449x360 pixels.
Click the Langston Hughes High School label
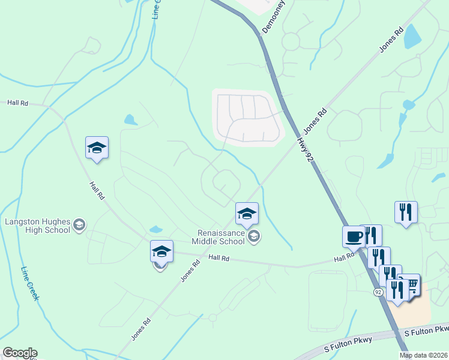click(37, 226)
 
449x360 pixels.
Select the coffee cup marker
click(353, 236)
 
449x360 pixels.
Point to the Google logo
click(19, 353)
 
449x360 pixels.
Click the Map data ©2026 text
click(424, 355)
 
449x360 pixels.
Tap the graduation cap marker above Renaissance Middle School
click(246, 213)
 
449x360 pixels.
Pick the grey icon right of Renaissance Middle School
click(254, 236)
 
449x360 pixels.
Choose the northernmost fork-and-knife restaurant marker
click(406, 212)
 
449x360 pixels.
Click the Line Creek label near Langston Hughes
click(31, 283)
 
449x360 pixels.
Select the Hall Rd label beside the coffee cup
click(345, 258)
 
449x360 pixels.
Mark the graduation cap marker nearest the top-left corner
click(97, 147)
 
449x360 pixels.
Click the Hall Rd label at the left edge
click(17, 103)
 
